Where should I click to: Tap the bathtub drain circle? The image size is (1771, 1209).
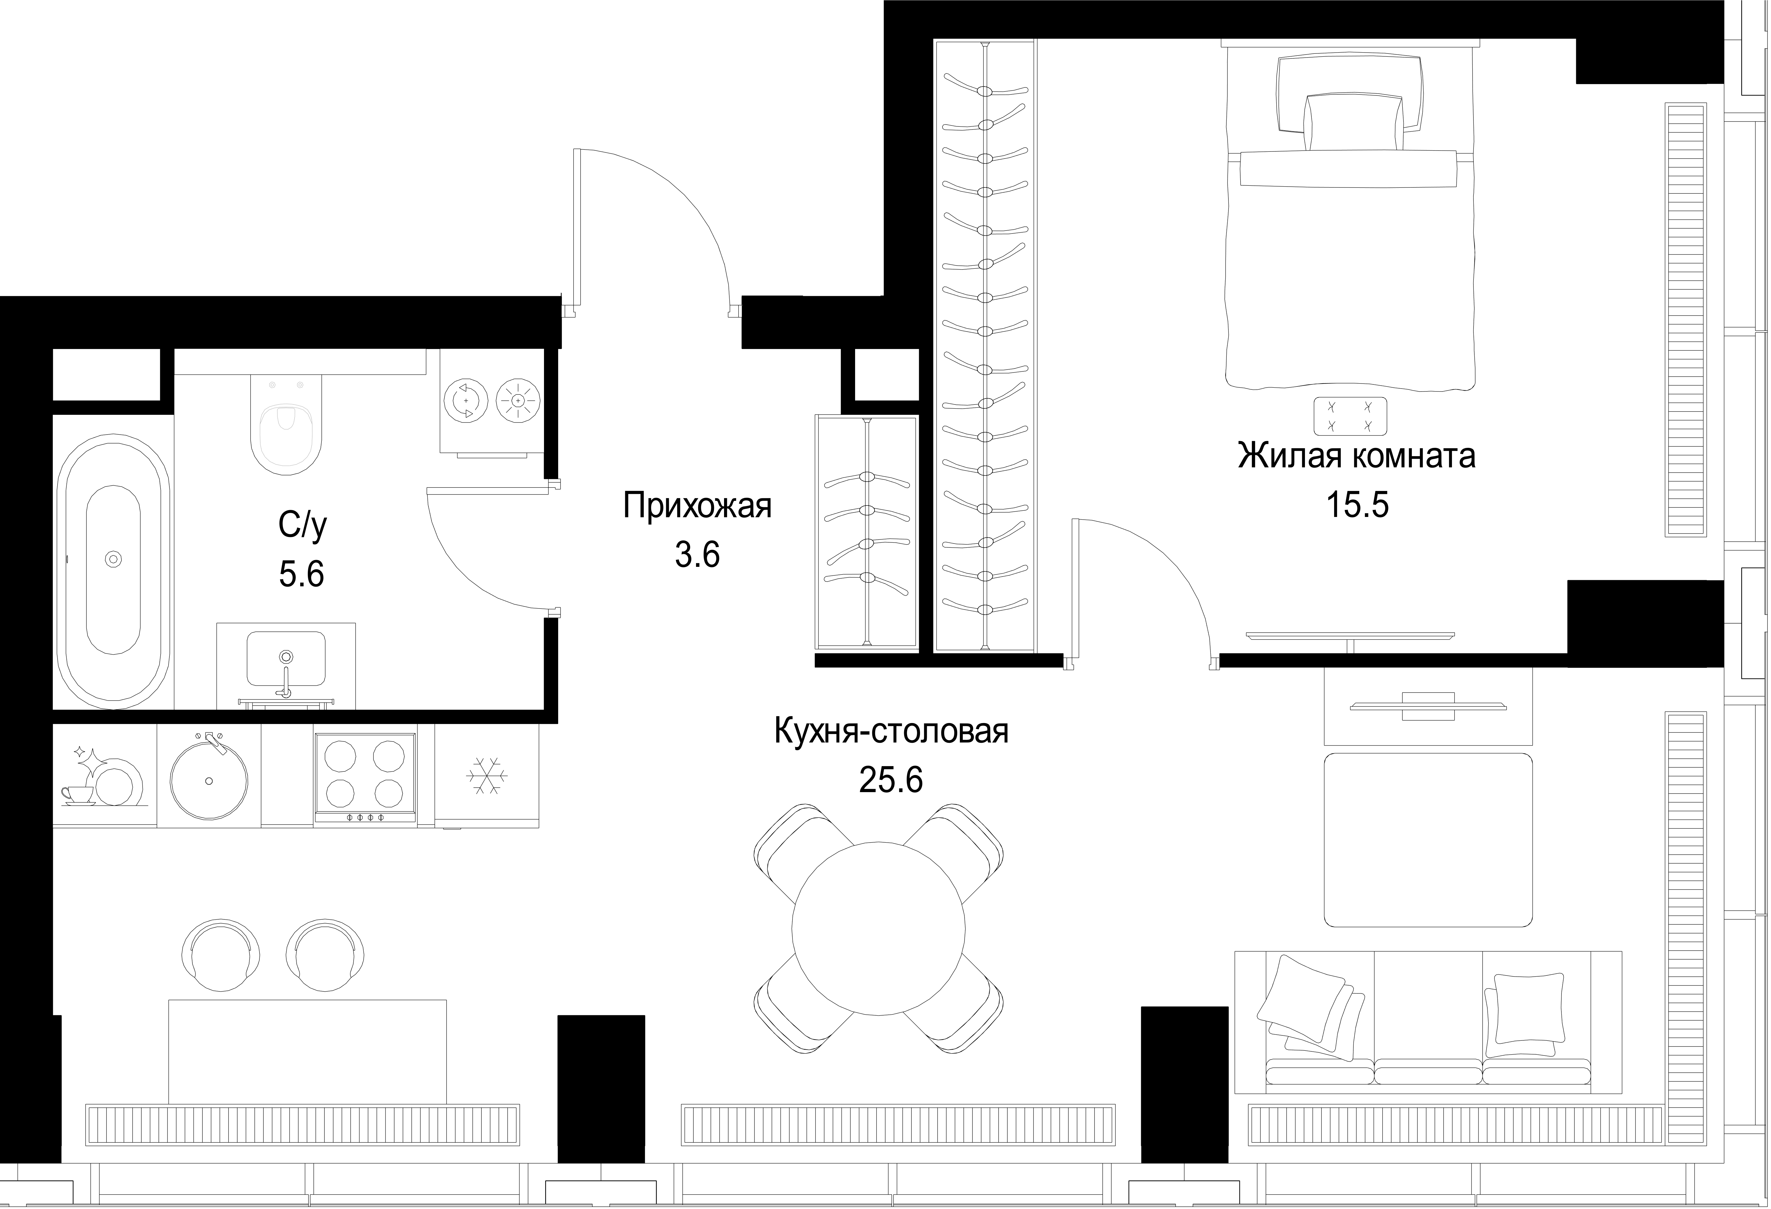coord(114,559)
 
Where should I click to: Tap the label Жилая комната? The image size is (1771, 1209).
coord(1357,456)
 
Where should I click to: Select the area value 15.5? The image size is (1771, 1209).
coord(1358,505)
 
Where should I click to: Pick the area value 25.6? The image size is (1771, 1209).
coord(891,780)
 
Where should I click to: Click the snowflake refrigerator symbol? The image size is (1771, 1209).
coord(487,775)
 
